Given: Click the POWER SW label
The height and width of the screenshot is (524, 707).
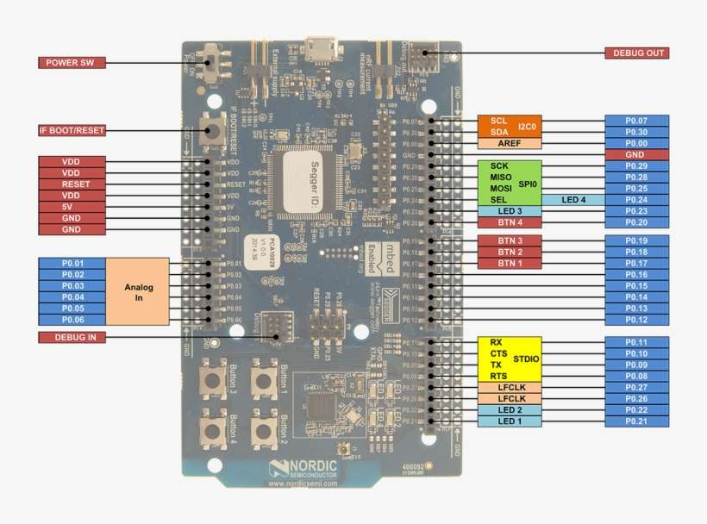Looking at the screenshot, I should point(72,63).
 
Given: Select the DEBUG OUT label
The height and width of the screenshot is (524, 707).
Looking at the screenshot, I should point(638,53).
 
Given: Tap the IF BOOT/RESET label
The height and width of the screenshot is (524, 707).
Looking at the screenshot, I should point(72,130).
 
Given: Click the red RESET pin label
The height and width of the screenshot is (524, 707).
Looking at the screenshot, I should point(72,184).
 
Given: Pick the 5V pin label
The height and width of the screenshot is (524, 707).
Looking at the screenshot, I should point(72,207).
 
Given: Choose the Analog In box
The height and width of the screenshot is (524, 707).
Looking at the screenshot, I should point(138,290).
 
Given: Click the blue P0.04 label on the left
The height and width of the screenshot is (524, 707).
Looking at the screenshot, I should point(72,296).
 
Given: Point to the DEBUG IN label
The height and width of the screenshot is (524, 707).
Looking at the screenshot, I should point(72,336).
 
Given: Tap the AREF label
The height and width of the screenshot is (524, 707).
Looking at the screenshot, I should point(509,143).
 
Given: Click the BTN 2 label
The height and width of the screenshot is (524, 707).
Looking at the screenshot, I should point(509,252).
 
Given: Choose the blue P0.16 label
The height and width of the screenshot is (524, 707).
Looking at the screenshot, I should point(636,274).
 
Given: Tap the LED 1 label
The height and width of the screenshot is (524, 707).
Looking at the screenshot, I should point(509,421).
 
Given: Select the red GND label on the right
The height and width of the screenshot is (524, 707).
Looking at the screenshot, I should point(636,154).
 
